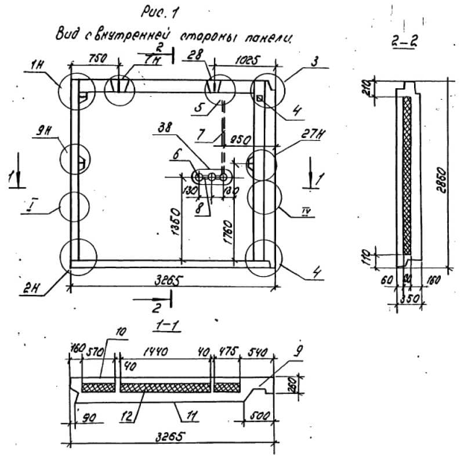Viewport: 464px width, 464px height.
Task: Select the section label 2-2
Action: coord(401,42)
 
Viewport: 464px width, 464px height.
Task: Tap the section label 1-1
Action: coord(165,327)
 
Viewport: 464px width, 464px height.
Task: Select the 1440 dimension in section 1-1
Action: coord(165,351)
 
